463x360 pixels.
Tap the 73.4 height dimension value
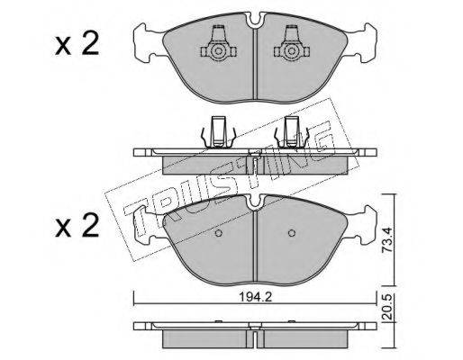(x=387, y=239)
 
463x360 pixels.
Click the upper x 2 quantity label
(x=77, y=44)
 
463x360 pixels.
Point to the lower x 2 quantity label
(x=77, y=225)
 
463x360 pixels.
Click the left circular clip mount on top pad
(x=218, y=51)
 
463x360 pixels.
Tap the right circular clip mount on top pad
(x=291, y=51)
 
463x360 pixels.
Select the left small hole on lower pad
(x=218, y=233)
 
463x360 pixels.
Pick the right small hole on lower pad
(x=291, y=233)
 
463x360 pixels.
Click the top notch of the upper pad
(x=255, y=20)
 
